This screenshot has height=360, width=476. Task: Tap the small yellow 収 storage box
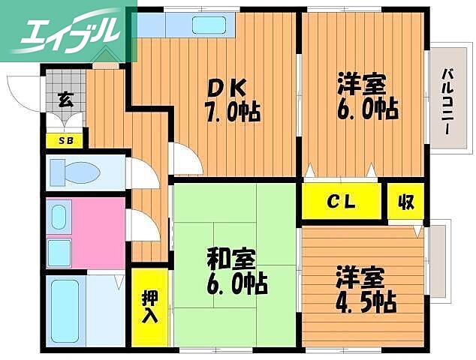coord(405,201)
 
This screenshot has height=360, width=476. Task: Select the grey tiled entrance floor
coord(65,90)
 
